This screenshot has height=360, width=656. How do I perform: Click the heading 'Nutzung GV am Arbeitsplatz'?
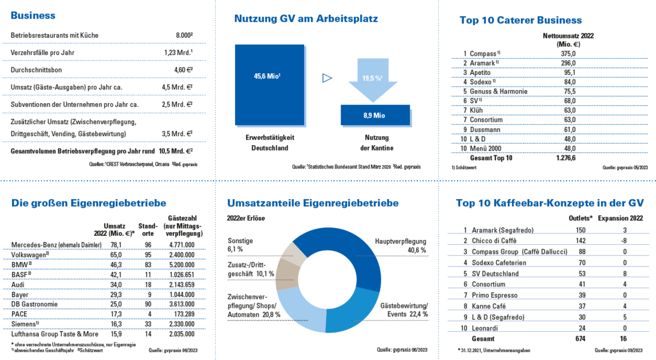pos(306,19)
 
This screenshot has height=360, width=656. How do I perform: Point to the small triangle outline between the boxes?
pos(327,77)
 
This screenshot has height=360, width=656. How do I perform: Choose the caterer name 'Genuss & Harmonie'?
pos(495,91)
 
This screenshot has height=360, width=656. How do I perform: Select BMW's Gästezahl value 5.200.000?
pos(180,263)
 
